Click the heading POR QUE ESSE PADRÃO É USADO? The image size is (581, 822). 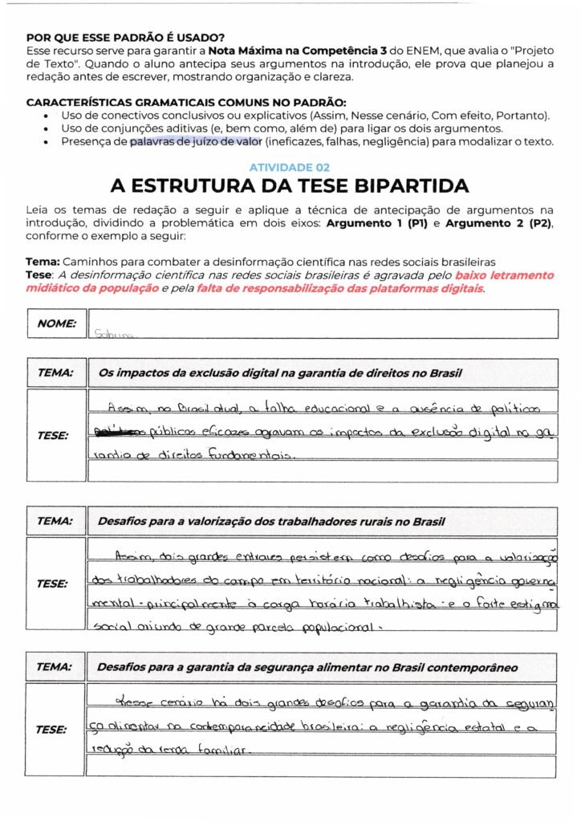click(125, 37)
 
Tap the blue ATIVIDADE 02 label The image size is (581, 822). click(290, 167)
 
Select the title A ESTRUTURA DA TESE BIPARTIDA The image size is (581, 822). click(290, 186)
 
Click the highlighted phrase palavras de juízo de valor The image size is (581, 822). click(196, 142)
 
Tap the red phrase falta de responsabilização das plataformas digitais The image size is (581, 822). click(340, 287)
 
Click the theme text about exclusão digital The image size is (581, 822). click(279, 373)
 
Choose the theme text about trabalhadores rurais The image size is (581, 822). click(271, 521)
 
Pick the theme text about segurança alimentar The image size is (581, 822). click(307, 667)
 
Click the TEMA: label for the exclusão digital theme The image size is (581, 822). click(55, 373)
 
